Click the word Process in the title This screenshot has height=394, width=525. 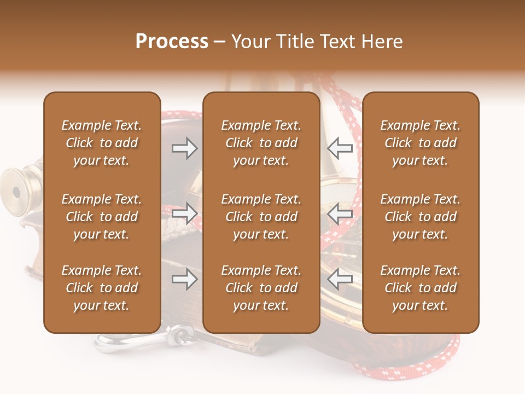tap(172, 42)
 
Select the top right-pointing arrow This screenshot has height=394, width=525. tap(184, 148)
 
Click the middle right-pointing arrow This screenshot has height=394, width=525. tap(184, 213)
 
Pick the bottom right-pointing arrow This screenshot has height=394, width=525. tap(184, 280)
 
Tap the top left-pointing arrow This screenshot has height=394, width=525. tap(340, 148)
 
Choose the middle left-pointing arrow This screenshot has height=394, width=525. tap(340, 213)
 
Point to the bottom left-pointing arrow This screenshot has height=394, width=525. tap(340, 280)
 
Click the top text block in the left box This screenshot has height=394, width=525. tap(102, 143)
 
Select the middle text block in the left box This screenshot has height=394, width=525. tap(102, 217)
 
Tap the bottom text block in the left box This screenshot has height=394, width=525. tap(102, 288)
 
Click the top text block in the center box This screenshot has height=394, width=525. tap(261, 143)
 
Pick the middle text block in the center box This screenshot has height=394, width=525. tap(261, 217)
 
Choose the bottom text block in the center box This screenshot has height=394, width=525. tap(261, 288)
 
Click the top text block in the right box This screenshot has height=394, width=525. tap(420, 143)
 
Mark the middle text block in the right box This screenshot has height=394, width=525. tap(420, 217)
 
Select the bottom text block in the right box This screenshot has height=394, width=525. tap(420, 288)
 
